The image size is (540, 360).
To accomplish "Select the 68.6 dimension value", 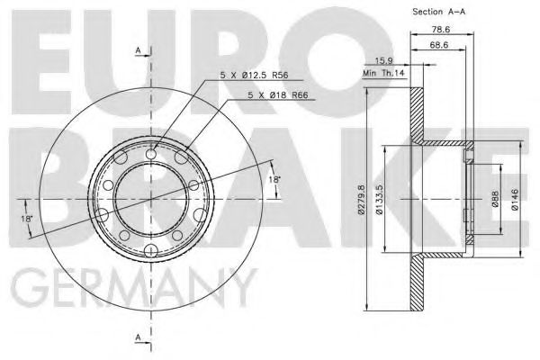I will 440,44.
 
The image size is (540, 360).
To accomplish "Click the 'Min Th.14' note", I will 383,74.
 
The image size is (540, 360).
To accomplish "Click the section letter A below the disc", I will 137,338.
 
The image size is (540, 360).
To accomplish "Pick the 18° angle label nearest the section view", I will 274,181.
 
